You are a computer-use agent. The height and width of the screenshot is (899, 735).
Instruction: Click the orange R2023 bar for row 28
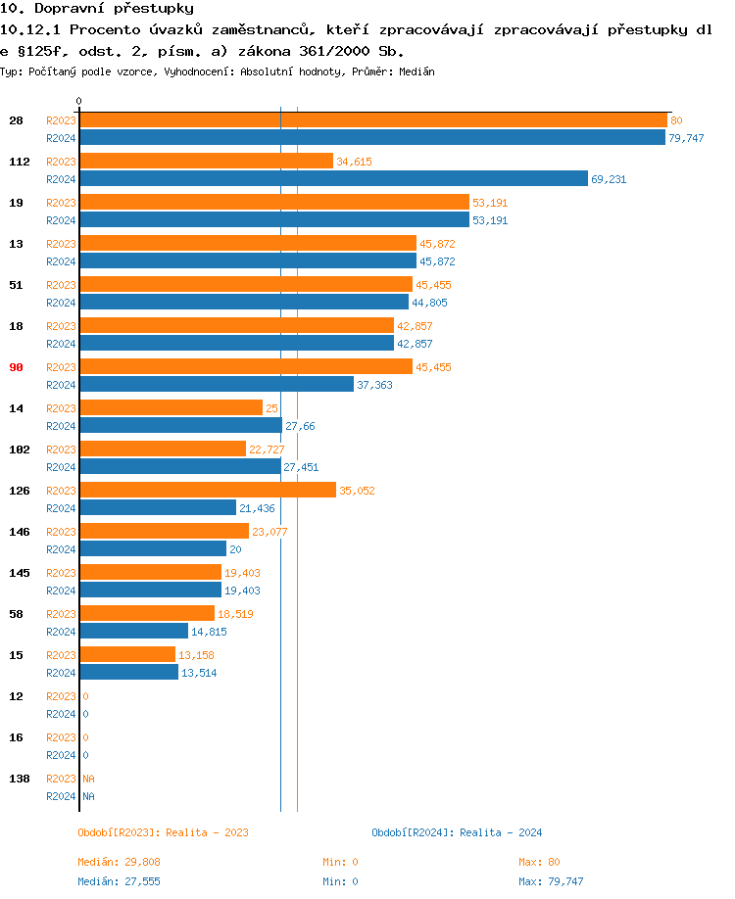[372, 120]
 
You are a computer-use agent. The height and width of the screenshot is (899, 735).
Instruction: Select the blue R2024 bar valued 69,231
[333, 179]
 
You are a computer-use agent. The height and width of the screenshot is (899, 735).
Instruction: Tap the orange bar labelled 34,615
[206, 162]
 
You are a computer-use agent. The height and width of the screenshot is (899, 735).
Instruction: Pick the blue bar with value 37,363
[217, 385]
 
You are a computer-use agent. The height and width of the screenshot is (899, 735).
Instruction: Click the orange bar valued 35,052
[208, 491]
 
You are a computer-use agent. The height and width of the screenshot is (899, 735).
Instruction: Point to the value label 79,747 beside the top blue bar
[686, 138]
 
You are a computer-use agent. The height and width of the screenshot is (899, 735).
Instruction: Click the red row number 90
[17, 367]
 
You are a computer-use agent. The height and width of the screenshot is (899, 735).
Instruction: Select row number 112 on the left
[20, 162]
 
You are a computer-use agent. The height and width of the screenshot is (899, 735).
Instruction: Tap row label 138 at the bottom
[20, 779]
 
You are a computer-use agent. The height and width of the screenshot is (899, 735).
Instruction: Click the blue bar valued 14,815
[134, 632]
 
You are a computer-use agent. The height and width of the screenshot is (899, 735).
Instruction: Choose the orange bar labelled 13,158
[127, 655]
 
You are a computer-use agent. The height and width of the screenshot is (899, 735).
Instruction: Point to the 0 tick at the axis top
[79, 101]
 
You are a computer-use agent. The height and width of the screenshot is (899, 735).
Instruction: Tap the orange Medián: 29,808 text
[119, 862]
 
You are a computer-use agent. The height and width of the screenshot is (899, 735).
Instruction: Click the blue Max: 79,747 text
[551, 881]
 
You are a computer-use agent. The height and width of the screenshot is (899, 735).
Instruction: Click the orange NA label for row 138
[88, 779]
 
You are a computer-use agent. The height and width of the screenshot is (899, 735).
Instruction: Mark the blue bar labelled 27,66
[180, 426]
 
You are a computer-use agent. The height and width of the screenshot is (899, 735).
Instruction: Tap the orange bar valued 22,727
[163, 449]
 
